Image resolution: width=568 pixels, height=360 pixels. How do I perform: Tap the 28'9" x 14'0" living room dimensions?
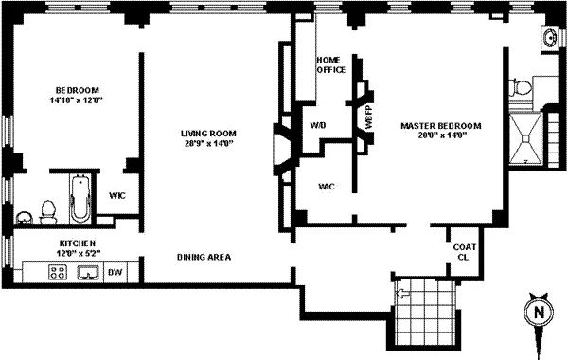208,144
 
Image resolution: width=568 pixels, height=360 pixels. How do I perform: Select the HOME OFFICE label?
330,63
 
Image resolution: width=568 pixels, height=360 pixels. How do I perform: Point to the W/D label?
318,125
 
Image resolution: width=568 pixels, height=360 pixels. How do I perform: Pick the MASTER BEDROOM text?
441,125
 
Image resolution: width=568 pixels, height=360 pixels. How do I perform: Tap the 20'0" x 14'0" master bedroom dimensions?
441,135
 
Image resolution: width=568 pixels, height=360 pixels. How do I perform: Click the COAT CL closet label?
463,252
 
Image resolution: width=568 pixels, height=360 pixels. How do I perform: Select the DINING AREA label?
204,257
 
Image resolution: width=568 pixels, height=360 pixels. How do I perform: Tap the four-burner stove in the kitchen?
57,274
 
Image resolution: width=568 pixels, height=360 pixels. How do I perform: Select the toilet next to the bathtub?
49,207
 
